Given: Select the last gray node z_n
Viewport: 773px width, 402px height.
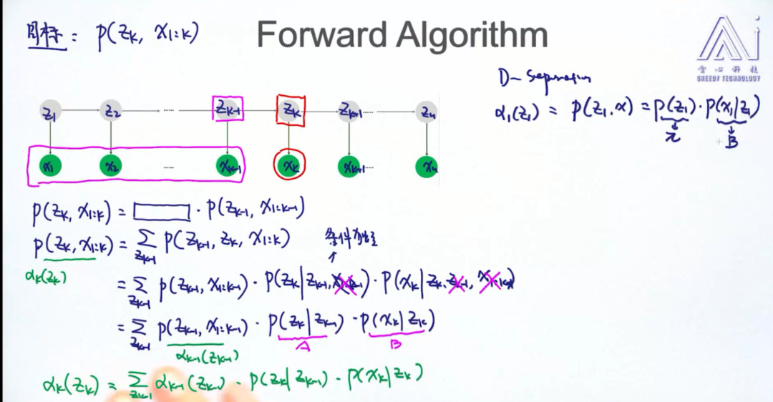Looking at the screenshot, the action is (x=427, y=112).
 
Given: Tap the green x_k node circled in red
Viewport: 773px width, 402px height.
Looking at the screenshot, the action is (x=289, y=167).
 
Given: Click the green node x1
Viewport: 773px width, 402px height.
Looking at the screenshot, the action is (x=51, y=167).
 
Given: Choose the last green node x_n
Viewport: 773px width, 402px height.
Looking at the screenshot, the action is (x=427, y=167).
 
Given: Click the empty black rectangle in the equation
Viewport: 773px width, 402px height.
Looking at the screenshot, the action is (x=161, y=210).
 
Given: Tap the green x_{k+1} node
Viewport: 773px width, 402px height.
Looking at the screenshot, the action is (x=349, y=167).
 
